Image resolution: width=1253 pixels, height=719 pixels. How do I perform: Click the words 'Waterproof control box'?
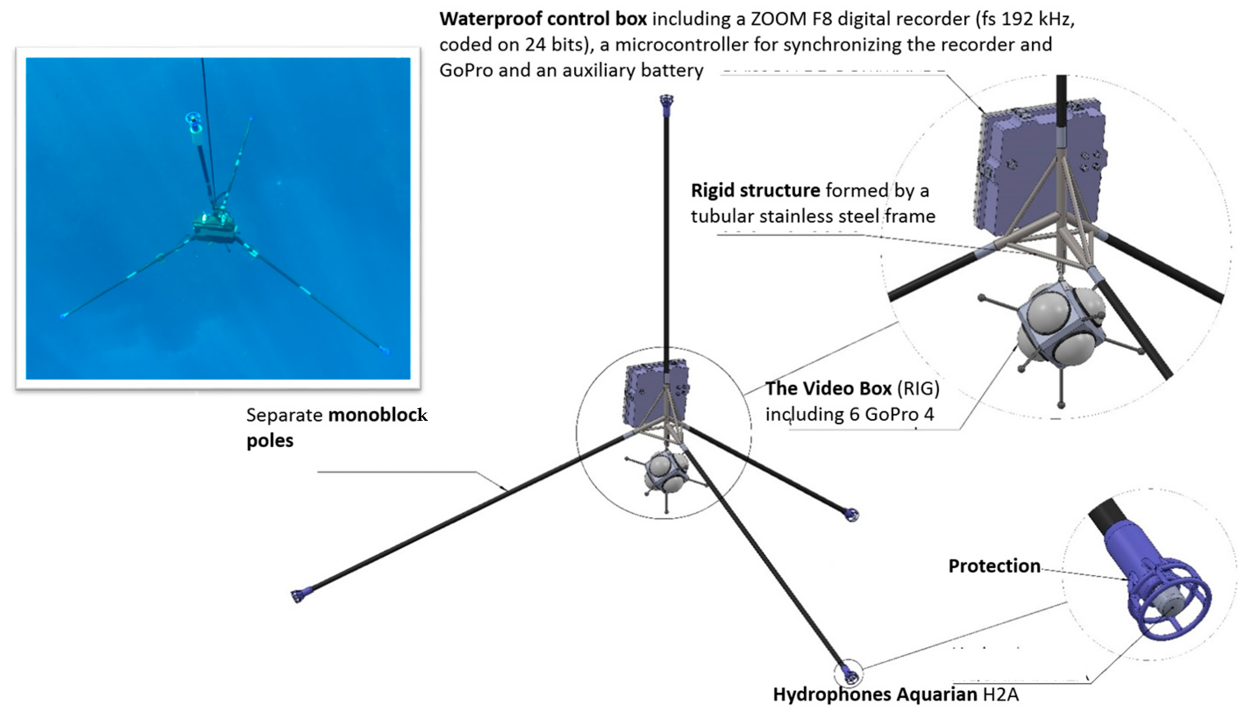point(543,19)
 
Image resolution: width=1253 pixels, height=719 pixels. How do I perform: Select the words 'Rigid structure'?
point(755,190)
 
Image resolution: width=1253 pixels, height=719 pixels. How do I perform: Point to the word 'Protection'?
point(994,566)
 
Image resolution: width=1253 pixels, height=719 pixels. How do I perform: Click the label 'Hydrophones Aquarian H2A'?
point(896,694)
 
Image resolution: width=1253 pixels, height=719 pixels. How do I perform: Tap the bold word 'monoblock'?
point(377,415)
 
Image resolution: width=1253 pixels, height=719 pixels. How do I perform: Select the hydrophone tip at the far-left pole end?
point(298,596)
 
